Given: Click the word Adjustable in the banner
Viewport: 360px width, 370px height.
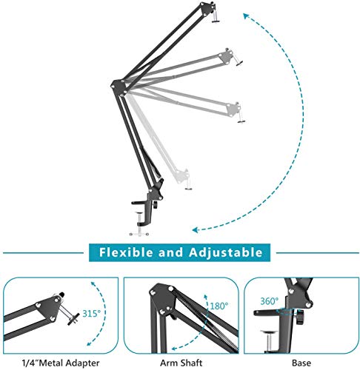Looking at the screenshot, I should click(x=223, y=252).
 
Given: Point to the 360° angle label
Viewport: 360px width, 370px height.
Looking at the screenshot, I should click(x=269, y=301).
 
